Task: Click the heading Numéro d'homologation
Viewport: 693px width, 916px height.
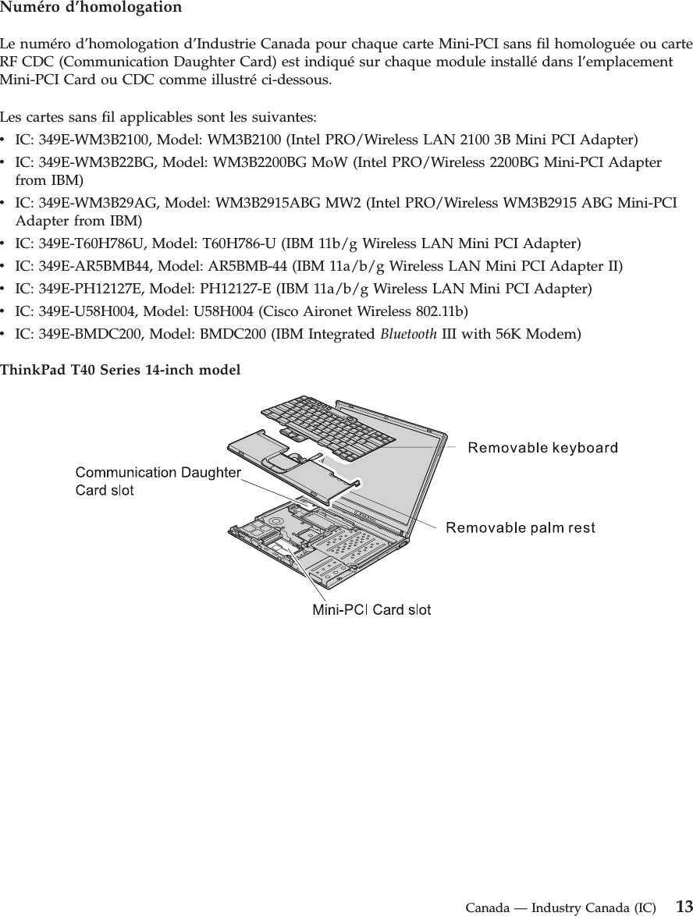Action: [91, 9]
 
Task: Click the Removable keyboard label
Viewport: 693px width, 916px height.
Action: [542, 448]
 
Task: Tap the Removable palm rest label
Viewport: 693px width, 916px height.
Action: [520, 528]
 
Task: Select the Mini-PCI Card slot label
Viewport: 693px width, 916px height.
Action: [371, 609]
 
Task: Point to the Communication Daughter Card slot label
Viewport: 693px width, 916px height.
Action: [157, 481]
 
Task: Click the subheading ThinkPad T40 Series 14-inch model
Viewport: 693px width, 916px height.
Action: [120, 368]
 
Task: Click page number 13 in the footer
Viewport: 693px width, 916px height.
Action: [684, 907]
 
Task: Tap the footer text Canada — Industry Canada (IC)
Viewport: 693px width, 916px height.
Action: [560, 908]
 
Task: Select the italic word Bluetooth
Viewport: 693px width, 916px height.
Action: [408, 335]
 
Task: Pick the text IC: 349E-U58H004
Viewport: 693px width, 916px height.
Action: [73, 312]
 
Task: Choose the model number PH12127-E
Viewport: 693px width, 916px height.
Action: [239, 289]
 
